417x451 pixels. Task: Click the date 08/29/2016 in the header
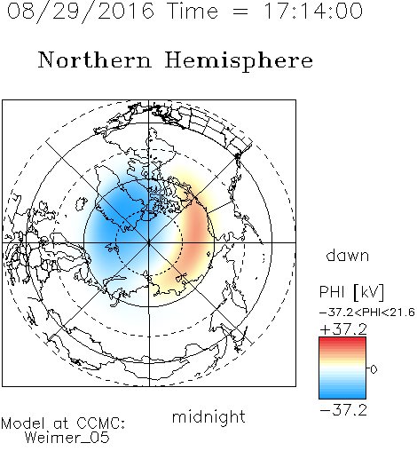[81, 12]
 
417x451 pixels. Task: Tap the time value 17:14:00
[313, 11]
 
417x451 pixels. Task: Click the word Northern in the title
[95, 59]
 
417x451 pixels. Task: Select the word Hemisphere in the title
[239, 61]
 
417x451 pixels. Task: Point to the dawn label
[348, 255]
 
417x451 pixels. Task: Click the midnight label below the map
[208, 416]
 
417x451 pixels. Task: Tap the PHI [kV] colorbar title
[351, 292]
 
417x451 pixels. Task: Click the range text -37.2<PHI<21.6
[367, 313]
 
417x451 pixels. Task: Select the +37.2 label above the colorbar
[343, 329]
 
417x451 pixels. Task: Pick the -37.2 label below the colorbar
[343, 410]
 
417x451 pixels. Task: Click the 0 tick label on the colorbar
[374, 369]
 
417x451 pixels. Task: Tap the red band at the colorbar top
[342, 341]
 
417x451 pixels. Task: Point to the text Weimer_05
[67, 438]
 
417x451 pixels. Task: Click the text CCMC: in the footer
[101, 423]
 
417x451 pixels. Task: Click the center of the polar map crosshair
[149, 242]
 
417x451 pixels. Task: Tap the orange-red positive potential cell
[195, 233]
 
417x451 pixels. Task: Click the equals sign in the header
[240, 12]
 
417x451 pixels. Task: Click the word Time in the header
[193, 11]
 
